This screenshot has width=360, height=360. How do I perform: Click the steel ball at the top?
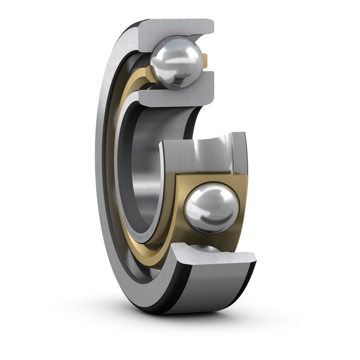(176, 62)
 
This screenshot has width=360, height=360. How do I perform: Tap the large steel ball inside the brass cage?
(212, 208)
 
